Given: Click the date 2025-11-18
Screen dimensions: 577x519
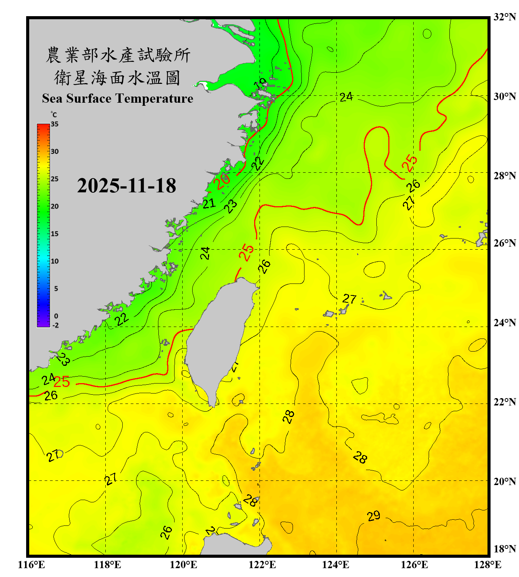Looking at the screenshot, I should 126,185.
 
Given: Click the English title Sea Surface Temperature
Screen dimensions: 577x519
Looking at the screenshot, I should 118,98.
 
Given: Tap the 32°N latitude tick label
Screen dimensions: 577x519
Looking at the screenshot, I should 504,17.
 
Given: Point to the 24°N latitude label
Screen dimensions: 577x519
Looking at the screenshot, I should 504,322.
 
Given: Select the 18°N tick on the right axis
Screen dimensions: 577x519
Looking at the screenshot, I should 504,549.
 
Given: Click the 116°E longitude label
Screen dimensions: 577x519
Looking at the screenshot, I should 31,565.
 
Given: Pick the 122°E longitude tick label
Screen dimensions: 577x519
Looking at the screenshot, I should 262,565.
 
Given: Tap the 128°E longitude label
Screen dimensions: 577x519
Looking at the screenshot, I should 487,565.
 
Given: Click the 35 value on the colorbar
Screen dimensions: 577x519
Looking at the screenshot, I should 55,124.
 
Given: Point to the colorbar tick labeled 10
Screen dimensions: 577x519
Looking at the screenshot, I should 55,261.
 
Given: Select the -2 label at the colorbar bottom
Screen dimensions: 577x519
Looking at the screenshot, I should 55,325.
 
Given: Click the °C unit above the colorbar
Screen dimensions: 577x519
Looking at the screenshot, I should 54,115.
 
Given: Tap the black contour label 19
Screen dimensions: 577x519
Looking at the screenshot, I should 260,84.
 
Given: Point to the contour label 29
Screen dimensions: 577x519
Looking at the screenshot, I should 373,516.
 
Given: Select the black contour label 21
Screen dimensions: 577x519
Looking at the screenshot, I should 209,203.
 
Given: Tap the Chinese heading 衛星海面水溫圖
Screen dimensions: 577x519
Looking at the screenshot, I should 117,78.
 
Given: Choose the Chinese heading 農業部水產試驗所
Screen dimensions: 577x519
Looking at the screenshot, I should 118,55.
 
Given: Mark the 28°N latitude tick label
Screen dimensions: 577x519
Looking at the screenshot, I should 504,175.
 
